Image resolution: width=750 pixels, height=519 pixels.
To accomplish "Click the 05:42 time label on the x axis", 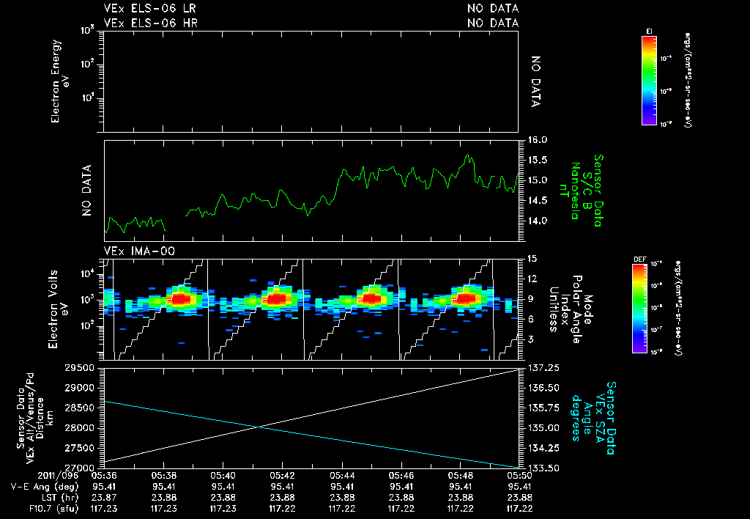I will click(282, 476).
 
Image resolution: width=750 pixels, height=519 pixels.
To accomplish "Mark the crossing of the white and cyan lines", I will click(259, 427).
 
